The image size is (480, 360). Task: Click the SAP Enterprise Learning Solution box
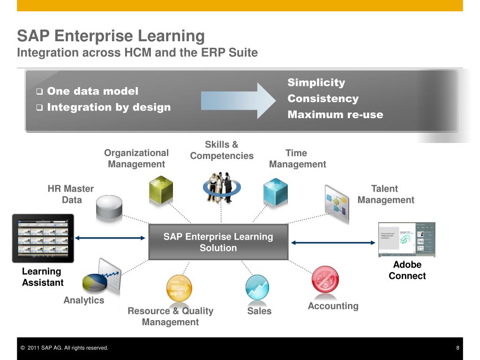(218, 242)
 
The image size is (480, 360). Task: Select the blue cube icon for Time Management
(275, 191)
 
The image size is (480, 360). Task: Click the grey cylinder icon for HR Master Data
(109, 208)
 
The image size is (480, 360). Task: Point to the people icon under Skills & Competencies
(221, 187)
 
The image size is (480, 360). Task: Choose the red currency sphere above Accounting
(325, 279)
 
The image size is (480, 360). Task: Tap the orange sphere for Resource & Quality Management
(179, 287)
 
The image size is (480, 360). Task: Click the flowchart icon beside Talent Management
(337, 201)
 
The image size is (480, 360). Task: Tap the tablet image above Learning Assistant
(43, 238)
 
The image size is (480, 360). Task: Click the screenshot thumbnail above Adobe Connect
(406, 240)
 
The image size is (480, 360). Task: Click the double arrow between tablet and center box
(110, 238)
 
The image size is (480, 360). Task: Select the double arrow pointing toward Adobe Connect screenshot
(333, 242)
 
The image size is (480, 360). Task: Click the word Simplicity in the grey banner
(316, 82)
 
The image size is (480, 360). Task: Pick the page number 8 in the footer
(457, 348)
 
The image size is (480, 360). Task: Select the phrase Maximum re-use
(335, 114)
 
